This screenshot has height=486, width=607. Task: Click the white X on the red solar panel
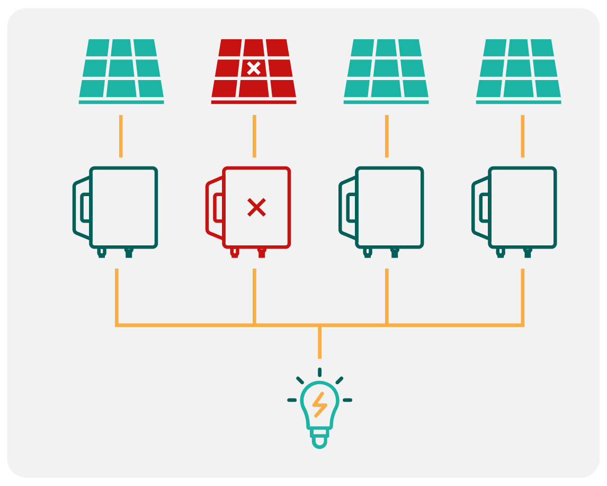click(254, 68)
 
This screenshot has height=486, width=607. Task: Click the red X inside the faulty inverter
click(256, 207)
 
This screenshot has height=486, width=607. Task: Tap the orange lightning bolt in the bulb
click(319, 404)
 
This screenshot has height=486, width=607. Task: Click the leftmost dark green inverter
click(123, 207)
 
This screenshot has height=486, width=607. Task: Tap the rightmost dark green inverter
click(522, 207)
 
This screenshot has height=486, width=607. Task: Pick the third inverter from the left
click(389, 207)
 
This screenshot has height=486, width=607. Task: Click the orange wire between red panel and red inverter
click(254, 136)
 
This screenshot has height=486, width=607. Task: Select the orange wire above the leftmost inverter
click(121, 136)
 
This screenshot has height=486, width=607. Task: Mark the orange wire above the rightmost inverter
click(523, 136)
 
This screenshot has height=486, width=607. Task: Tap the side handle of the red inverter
click(215, 207)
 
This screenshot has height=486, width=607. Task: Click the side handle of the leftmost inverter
click(82, 207)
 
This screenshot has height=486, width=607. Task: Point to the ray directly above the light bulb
click(319, 372)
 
